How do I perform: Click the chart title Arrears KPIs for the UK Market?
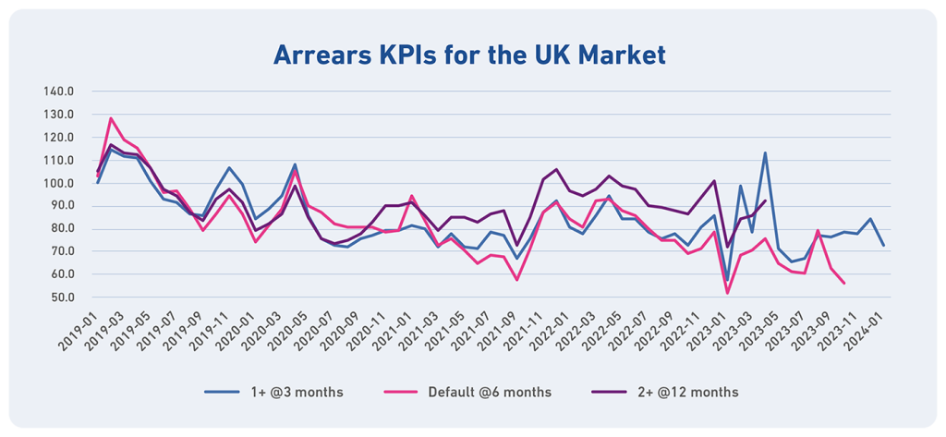coord(468,55)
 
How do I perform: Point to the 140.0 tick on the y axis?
coord(60,91)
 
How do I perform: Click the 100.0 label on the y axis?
coord(60,183)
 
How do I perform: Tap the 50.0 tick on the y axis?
coord(64,297)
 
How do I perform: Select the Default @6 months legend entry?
coord(490,392)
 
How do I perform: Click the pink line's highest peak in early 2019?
coord(111,118)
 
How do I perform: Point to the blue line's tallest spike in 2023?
coord(765,152)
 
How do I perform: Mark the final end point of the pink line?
coord(843,283)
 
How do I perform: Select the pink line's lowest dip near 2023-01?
coord(728,293)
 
